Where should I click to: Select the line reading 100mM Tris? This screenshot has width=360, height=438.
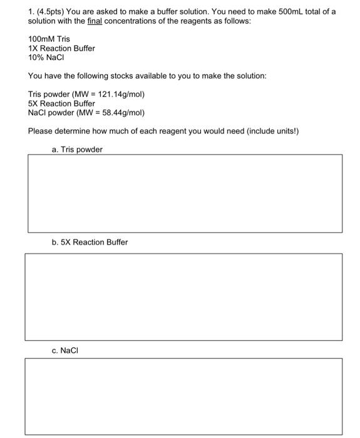49,39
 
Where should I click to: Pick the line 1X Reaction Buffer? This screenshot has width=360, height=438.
61,48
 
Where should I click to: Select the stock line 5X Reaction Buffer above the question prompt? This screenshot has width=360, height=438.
61,103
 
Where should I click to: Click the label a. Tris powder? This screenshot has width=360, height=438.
77,150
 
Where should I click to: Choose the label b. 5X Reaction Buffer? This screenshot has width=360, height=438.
90,242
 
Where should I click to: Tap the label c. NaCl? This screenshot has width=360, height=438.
66,350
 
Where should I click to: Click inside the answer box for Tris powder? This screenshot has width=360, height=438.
185,193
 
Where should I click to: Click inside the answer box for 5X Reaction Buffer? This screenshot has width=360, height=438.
183,297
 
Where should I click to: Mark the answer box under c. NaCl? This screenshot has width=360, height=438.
183,397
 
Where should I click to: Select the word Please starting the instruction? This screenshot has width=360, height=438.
41,131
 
